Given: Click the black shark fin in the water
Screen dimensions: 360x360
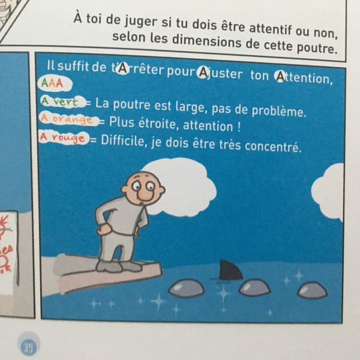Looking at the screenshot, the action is (x=230, y=271).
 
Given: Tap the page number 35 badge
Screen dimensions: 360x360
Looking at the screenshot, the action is (x=29, y=347).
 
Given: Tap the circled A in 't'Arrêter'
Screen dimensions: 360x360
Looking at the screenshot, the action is (x=123, y=68).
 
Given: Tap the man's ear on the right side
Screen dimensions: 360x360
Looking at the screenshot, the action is (x=162, y=190).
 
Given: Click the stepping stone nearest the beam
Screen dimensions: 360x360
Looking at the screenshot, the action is (x=187, y=287).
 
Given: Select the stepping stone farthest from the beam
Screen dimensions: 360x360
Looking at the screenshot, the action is (x=313, y=290).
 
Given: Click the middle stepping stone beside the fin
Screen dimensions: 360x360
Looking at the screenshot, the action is (x=254, y=287).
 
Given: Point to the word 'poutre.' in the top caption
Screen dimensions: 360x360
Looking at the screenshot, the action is (x=317, y=47).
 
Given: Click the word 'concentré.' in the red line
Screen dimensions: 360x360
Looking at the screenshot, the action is (x=273, y=146).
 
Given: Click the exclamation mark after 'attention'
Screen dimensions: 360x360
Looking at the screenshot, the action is (x=238, y=127).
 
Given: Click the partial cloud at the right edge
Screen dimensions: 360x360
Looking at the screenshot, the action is (x=328, y=191).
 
